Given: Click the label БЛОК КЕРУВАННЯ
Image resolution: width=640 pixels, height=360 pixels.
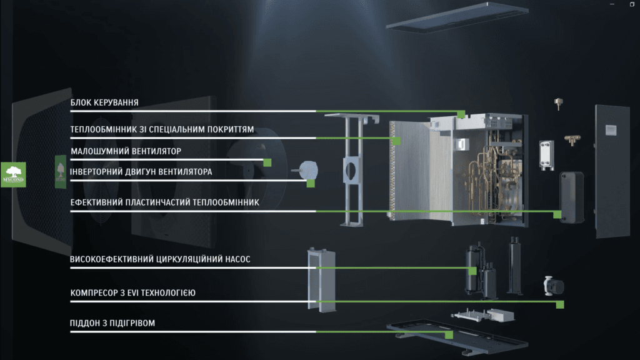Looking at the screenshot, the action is pyautogui.click(x=104, y=103).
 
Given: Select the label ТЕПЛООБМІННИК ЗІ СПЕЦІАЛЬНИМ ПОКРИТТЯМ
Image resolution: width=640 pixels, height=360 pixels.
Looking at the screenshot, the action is pyautogui.click(x=162, y=130).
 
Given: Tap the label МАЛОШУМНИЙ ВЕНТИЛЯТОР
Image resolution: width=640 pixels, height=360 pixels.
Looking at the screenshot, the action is pyautogui.click(x=126, y=151).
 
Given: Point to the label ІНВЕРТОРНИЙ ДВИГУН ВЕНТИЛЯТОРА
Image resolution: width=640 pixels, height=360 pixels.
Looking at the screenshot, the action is pyautogui.click(x=141, y=172).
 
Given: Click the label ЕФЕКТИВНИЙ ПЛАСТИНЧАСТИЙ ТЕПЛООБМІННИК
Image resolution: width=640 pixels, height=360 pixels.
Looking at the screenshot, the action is pyautogui.click(x=164, y=202).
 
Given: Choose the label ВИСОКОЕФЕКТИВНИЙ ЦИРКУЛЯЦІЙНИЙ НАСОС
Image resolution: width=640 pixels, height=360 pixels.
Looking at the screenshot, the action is pyautogui.click(x=160, y=259).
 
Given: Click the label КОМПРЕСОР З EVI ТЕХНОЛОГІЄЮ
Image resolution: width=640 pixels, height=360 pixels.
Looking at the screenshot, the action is pyautogui.click(x=132, y=293).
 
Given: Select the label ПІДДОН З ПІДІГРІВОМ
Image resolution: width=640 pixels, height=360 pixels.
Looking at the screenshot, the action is pyautogui.click(x=112, y=323).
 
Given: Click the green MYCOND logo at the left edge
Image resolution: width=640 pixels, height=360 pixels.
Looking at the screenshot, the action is pyautogui.click(x=13, y=175).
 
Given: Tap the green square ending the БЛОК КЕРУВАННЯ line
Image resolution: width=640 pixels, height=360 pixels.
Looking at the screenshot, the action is pyautogui.click(x=461, y=114).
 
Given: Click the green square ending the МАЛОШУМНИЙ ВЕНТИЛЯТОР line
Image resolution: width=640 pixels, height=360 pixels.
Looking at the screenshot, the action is pyautogui.click(x=267, y=163).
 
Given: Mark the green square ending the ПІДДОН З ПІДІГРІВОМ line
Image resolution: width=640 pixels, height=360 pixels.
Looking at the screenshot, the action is pyautogui.click(x=449, y=335).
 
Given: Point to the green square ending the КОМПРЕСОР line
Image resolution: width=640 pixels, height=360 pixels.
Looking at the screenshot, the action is pyautogui.click(x=560, y=304).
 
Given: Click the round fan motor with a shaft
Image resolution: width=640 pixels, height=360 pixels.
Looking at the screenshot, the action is pyautogui.click(x=306, y=170).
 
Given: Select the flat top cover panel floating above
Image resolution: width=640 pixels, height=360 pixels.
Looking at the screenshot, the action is pyautogui.click(x=457, y=17).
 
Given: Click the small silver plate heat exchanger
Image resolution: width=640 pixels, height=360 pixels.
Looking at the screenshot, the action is pyautogui.click(x=546, y=155).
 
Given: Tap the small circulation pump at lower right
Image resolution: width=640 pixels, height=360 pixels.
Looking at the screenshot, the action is pyautogui.click(x=553, y=286).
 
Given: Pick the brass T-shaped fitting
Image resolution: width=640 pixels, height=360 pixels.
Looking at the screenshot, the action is pyautogui.click(x=572, y=140).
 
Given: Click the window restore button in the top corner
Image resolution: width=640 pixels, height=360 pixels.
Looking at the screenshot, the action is pyautogui.click(x=632, y=4).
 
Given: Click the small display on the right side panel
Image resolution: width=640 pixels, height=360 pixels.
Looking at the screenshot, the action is pyautogui.click(x=611, y=130).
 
